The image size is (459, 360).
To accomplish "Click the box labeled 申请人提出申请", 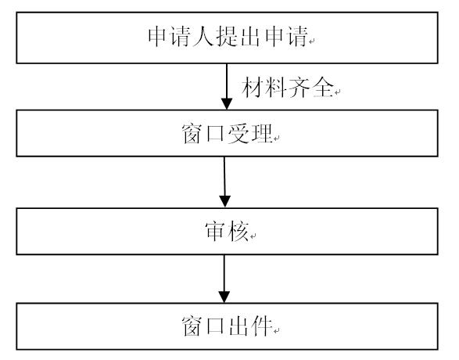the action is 228,38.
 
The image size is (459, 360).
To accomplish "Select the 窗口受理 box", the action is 228,133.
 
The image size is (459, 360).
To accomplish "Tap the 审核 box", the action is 228,232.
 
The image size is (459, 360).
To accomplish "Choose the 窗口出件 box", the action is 228,326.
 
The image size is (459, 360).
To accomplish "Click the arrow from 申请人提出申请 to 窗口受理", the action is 227,87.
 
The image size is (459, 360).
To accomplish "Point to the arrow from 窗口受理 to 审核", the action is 224,182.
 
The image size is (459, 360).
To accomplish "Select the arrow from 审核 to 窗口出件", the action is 224,279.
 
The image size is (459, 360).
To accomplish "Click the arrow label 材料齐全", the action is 288,87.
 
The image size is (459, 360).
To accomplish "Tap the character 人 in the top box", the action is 203,37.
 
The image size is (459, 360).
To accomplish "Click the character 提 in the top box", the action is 227,37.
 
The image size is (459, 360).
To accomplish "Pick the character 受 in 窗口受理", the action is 238,134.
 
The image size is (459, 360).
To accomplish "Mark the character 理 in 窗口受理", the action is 262,134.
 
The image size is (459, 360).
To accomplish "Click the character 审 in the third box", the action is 216,232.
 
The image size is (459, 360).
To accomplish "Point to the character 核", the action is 238,232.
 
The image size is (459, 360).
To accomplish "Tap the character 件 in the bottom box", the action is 262,326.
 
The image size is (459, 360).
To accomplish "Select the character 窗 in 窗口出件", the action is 192,326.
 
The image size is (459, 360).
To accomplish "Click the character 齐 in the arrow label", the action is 299,87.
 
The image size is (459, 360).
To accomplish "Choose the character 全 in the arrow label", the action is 323,87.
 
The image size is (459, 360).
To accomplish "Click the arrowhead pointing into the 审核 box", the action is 225,202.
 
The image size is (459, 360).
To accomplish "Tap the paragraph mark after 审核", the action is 253,236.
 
